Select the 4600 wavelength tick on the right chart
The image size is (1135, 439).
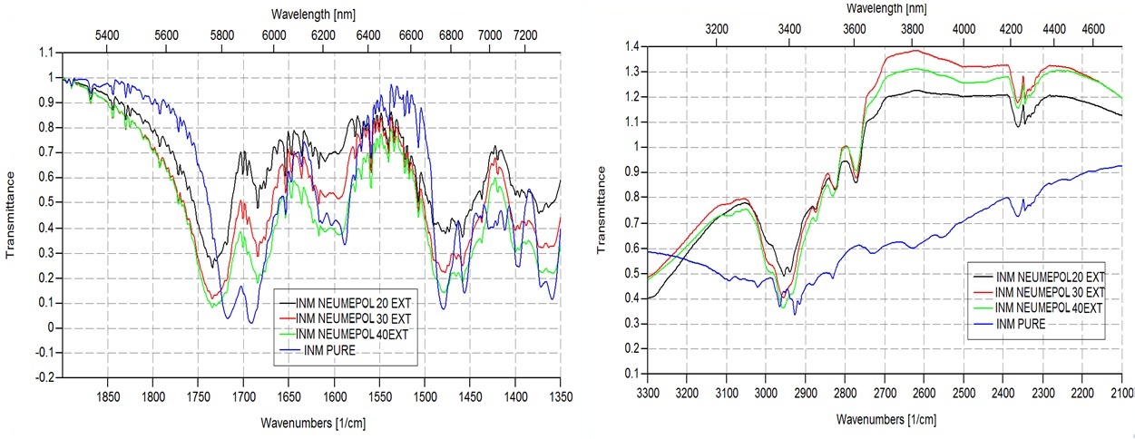point(1096,29)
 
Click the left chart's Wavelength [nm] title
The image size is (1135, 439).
point(306,14)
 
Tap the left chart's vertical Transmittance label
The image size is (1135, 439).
point(11,213)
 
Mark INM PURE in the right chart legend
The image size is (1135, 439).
point(1020,324)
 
